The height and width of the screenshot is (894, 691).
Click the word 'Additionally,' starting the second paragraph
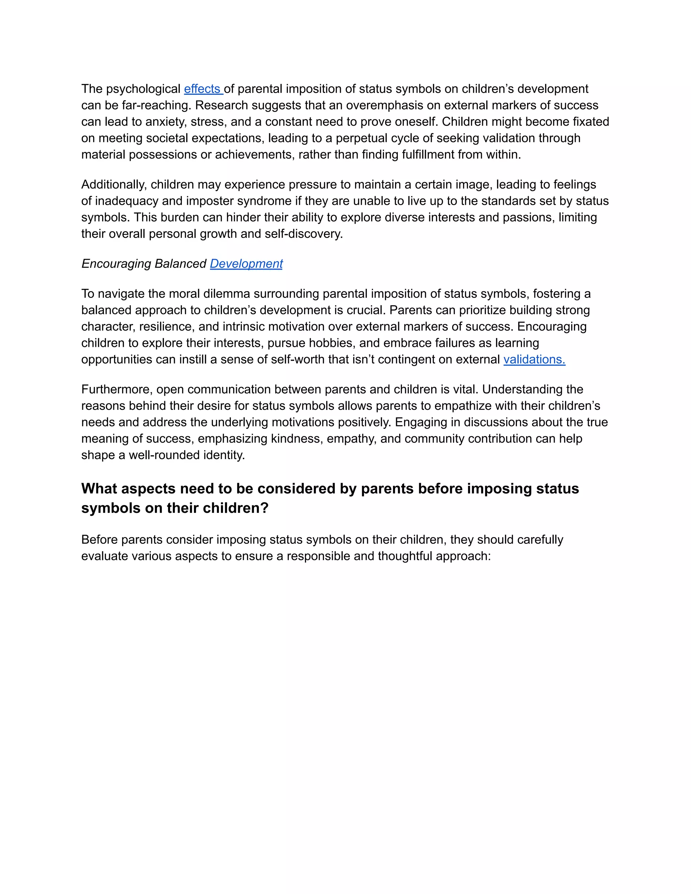[114, 185]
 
